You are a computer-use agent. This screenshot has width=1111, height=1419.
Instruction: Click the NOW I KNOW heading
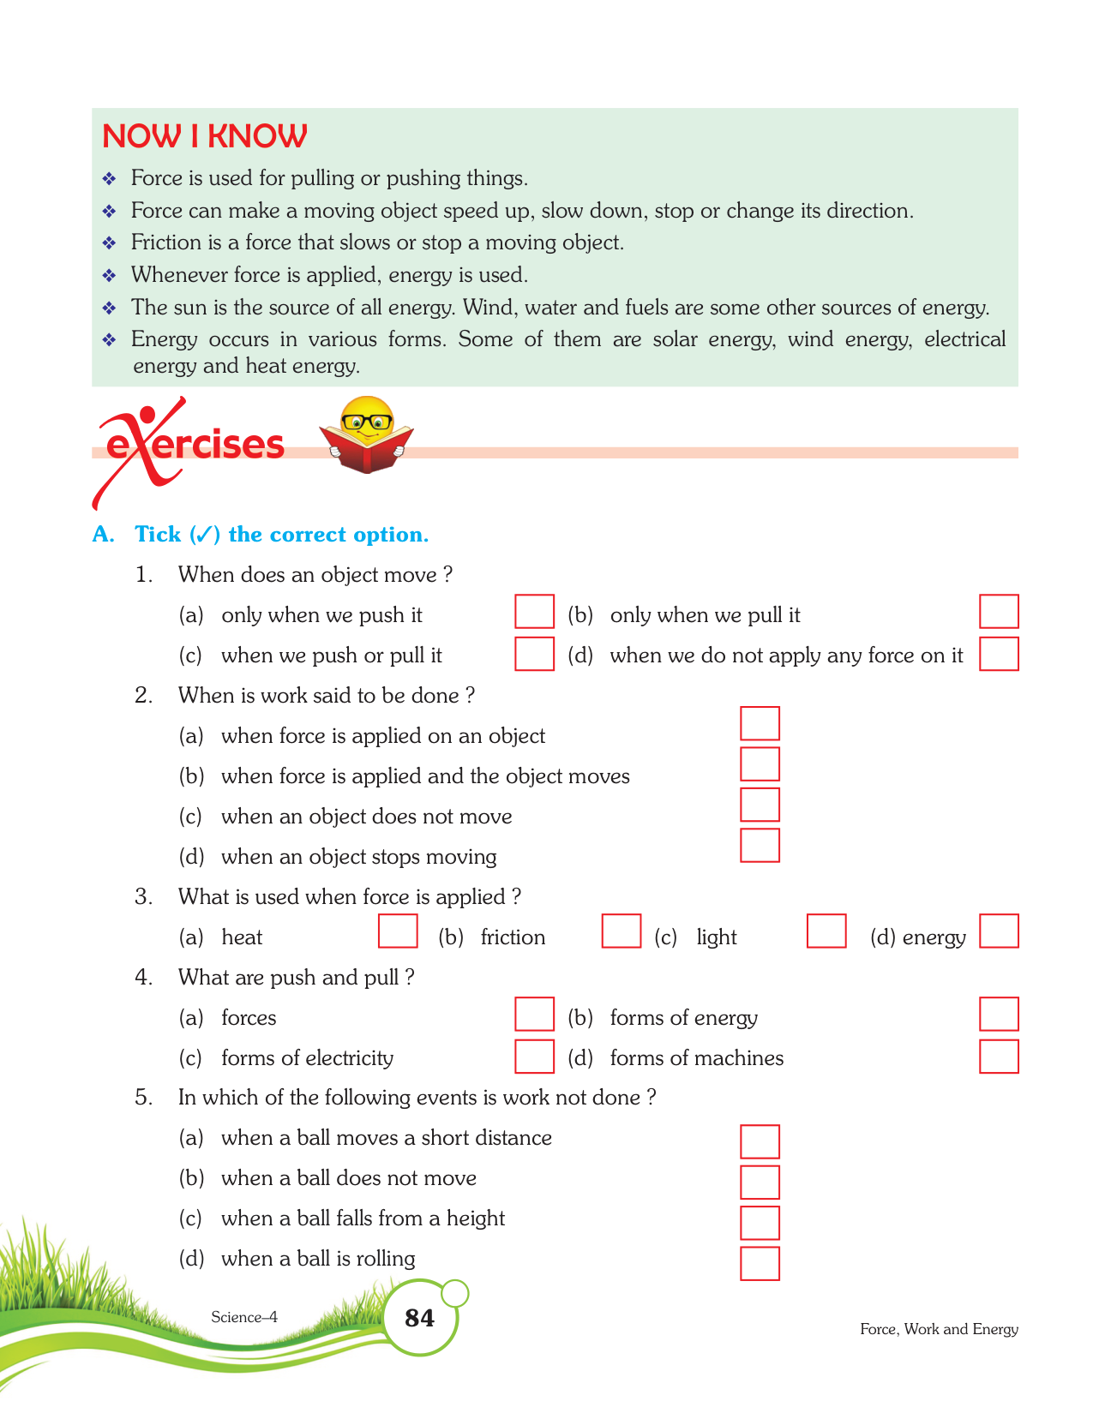204,136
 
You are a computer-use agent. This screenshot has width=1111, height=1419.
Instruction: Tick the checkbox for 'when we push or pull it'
534,654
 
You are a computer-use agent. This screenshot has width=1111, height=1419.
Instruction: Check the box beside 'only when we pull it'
999,612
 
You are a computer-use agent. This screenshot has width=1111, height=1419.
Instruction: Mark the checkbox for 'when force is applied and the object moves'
760,764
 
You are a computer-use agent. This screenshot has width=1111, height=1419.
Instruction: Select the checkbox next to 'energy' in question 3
999,931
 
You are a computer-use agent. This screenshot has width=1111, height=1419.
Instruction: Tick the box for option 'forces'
534,1015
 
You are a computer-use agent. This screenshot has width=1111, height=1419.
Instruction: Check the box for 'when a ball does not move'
760,1182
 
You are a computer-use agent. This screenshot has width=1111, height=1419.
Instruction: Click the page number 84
419,1318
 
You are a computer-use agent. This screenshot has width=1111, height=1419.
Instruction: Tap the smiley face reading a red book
367,434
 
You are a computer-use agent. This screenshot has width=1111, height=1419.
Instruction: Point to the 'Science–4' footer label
244,1317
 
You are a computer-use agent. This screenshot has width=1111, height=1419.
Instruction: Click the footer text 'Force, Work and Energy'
939,1329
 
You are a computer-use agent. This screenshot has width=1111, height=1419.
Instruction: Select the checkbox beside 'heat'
398,931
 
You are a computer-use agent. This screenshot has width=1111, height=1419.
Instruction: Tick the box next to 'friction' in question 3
622,931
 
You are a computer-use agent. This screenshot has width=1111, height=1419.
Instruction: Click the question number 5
143,1098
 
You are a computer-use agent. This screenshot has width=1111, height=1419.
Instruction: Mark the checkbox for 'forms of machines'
999,1057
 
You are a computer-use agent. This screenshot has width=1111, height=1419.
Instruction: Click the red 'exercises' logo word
195,445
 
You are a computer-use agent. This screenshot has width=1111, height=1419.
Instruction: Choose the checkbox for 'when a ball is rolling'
760,1264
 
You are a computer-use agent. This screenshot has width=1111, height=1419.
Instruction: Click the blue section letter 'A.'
103,535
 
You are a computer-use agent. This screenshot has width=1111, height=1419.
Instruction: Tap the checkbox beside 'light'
826,931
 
